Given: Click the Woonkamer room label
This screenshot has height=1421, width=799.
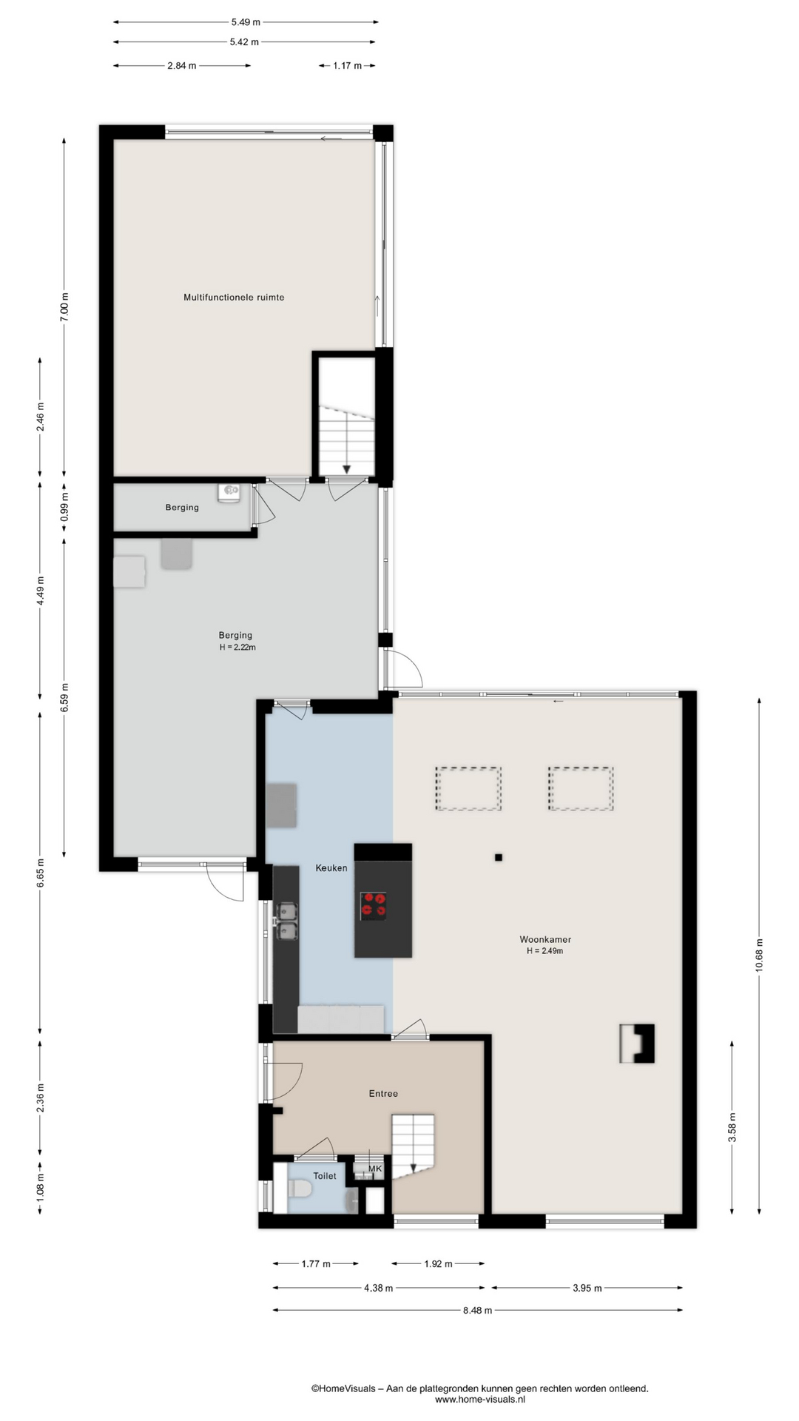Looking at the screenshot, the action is click(x=545, y=939).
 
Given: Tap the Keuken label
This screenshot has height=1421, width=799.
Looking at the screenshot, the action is click(x=331, y=868).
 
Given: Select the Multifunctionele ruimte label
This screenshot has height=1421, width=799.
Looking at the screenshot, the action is click(x=234, y=298).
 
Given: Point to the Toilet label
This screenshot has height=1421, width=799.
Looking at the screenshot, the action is click(x=325, y=1175).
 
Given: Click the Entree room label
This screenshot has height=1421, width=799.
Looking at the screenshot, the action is click(x=383, y=1093).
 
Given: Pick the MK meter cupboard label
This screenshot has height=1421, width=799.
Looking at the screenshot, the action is click(x=375, y=1169).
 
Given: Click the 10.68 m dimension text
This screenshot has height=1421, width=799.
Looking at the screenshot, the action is click(x=759, y=957).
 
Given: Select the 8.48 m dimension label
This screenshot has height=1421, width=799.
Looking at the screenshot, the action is click(x=478, y=1310).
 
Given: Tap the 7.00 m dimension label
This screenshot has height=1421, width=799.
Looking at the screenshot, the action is click(x=64, y=306).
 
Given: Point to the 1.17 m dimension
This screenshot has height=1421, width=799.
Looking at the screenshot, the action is click(x=347, y=66).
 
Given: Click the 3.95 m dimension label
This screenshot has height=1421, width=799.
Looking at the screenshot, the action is click(x=587, y=1288).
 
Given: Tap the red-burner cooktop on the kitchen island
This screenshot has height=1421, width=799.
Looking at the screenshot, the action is click(x=373, y=906).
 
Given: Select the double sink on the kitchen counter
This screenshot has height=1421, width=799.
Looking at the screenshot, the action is click(x=286, y=921).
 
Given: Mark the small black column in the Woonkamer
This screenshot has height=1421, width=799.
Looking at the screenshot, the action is click(x=499, y=858).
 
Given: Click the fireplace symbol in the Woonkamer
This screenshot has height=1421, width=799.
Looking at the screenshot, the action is click(x=637, y=1043).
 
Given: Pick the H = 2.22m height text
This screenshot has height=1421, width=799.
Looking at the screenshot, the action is click(x=237, y=648).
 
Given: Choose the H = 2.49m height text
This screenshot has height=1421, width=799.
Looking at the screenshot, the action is click(x=545, y=951).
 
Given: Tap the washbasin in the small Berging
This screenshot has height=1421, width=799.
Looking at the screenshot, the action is click(x=230, y=491).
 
